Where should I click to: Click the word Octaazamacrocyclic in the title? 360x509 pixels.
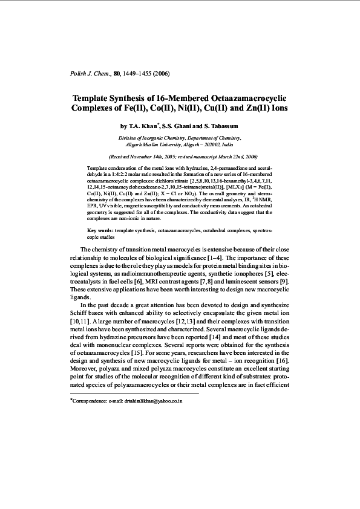click(x=246, y=98)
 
